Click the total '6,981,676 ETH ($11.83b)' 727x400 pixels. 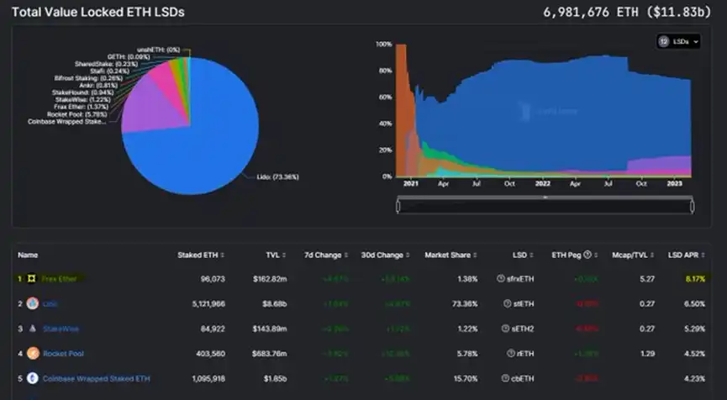pyautogui.click(x=630, y=13)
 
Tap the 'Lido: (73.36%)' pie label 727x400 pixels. pyautogui.click(x=277, y=176)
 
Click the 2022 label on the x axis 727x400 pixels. pyautogui.click(x=543, y=183)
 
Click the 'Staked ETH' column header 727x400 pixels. pyautogui.click(x=198, y=255)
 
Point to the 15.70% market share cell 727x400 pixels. pyautogui.click(x=464, y=379)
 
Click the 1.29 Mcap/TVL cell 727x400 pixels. pyautogui.click(x=648, y=354)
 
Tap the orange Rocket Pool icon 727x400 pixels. pyautogui.click(x=33, y=354)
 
